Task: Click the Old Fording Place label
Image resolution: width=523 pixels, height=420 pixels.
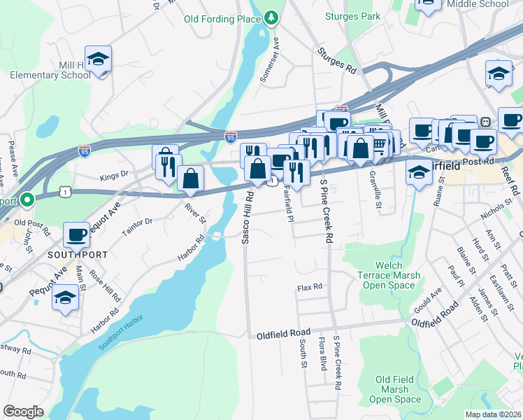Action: click(222, 20)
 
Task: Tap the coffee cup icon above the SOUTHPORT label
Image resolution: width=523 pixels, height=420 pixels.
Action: click(76, 234)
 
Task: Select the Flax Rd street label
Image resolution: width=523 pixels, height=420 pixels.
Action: click(309, 287)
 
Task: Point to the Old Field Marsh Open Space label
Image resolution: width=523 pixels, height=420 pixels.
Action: click(395, 389)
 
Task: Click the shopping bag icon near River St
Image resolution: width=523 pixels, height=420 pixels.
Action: click(190, 178)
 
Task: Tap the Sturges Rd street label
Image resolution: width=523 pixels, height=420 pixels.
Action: click(336, 61)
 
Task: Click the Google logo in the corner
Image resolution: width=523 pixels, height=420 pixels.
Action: click(23, 412)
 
